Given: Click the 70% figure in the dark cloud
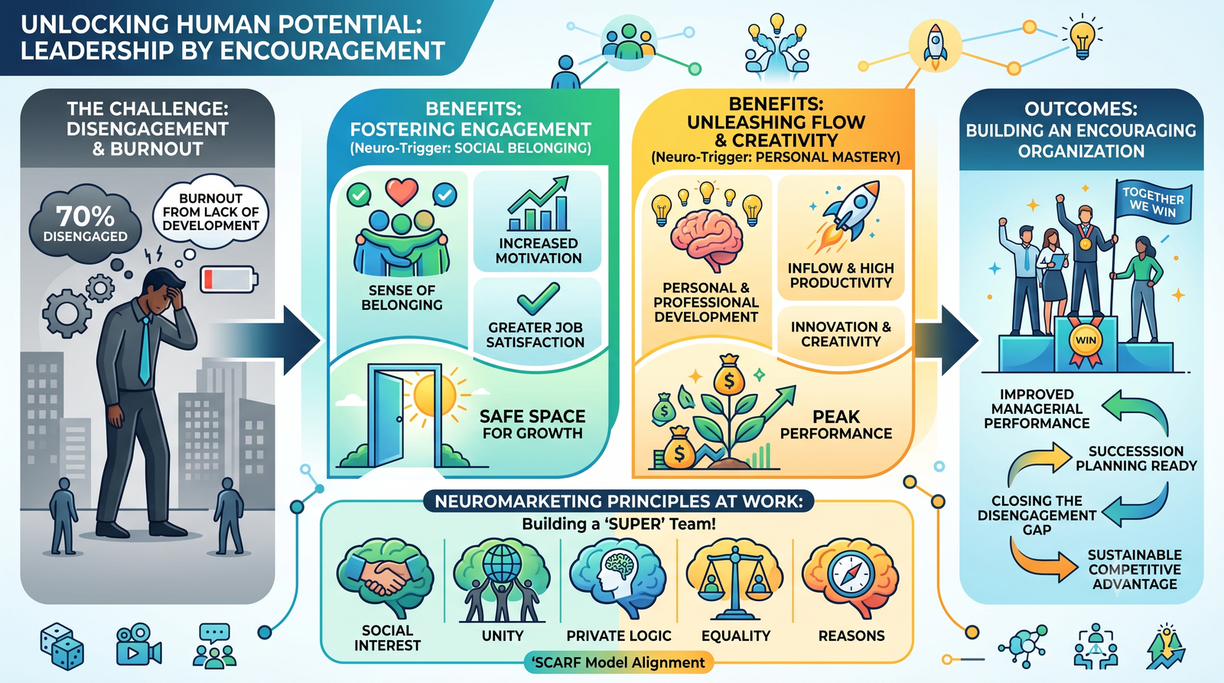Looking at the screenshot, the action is pyautogui.click(x=85, y=216).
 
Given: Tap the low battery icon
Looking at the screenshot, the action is pyautogui.click(x=229, y=279).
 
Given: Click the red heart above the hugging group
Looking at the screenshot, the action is pyautogui.click(x=402, y=192).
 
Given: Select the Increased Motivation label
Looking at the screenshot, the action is pyautogui.click(x=539, y=251).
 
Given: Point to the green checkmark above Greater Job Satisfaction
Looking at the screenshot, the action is pyautogui.click(x=539, y=298).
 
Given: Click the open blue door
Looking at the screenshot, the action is pyautogui.click(x=389, y=415).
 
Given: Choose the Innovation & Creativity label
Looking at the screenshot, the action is pyautogui.click(x=841, y=333).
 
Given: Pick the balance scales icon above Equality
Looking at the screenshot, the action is pyautogui.click(x=735, y=579).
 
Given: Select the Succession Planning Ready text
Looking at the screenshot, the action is pyautogui.click(x=1137, y=458).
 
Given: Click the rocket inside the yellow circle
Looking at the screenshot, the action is pyautogui.click(x=935, y=47).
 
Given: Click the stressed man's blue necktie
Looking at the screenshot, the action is pyautogui.click(x=145, y=350).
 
